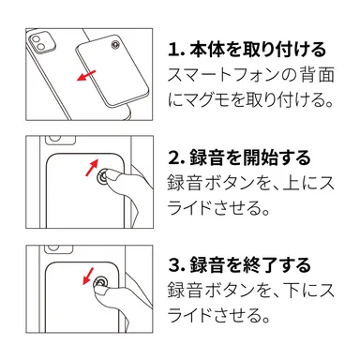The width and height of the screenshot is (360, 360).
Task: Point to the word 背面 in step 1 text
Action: (x=318, y=74)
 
